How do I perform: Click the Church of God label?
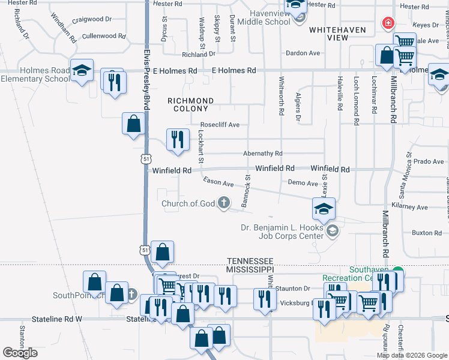pos(188,203)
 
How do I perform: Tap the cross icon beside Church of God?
pos(224,203)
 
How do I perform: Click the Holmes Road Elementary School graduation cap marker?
pos(81,71)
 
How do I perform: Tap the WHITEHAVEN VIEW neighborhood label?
pos(328,34)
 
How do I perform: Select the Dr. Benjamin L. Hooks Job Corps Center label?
pos(282,232)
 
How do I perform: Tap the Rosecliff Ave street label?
pos(220,125)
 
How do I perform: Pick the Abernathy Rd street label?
pos(262,154)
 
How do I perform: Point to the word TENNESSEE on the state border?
pos(250,261)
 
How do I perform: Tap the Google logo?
pos(20,353)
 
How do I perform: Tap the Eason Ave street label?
pos(218,182)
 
